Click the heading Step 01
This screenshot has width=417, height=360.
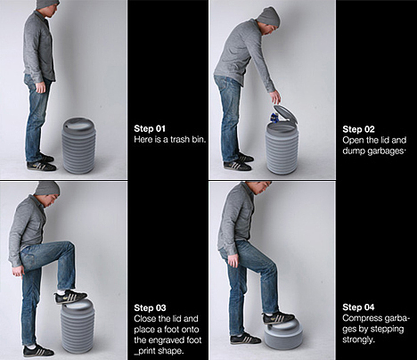click(150, 128)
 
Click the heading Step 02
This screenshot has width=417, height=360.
click(358, 129)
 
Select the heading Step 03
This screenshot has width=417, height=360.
click(150, 307)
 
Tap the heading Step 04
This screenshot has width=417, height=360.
click(358, 307)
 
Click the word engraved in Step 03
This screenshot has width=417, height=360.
click(171, 340)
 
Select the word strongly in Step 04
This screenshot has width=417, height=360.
click(358, 340)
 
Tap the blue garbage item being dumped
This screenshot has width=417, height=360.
click(274, 118)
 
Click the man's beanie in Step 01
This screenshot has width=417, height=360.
click(47, 4)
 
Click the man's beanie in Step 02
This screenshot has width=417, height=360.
click(268, 17)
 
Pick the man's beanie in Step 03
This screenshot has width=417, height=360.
click(47, 188)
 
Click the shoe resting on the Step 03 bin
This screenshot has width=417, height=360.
click(71, 296)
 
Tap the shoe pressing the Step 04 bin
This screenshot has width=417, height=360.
click(279, 318)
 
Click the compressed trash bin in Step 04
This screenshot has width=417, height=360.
click(283, 334)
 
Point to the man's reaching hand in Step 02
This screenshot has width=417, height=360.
click(275, 96)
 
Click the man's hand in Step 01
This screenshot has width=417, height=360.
click(40, 87)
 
